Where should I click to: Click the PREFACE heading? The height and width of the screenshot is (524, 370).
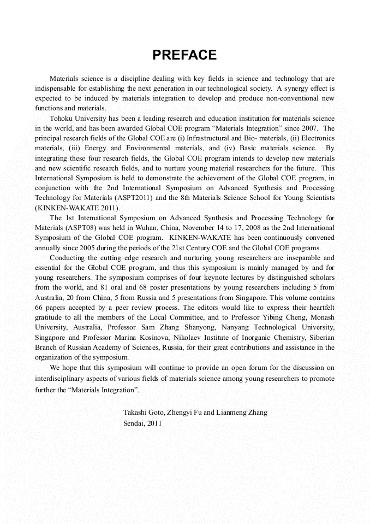[x=184, y=55]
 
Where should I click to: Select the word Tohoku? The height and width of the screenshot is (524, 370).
[x=62, y=119]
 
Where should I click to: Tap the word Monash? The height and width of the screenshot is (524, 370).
[x=322, y=317]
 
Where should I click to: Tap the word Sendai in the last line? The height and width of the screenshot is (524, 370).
[x=134, y=423]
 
